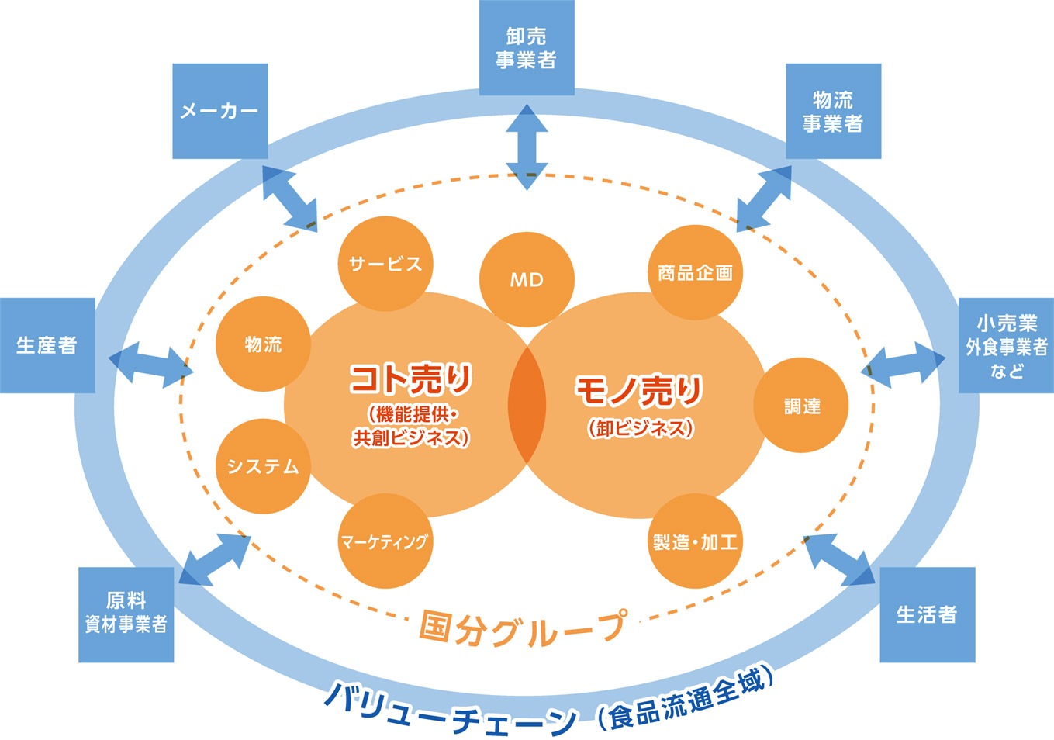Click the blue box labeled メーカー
click(219, 111)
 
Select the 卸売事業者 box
click(527, 48)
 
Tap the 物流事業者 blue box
click(833, 111)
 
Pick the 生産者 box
click(47, 345)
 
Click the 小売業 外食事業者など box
click(1006, 345)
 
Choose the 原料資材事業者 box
click(126, 614)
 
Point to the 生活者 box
click(927, 614)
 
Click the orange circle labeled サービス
click(385, 264)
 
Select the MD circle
click(527, 279)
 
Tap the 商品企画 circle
click(695, 272)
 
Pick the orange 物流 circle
click(263, 344)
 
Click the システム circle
click(263, 466)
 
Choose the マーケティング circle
click(385, 541)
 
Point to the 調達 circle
click(801, 406)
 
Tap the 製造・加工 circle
click(695, 541)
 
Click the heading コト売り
click(410, 379)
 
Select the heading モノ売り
click(639, 390)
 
